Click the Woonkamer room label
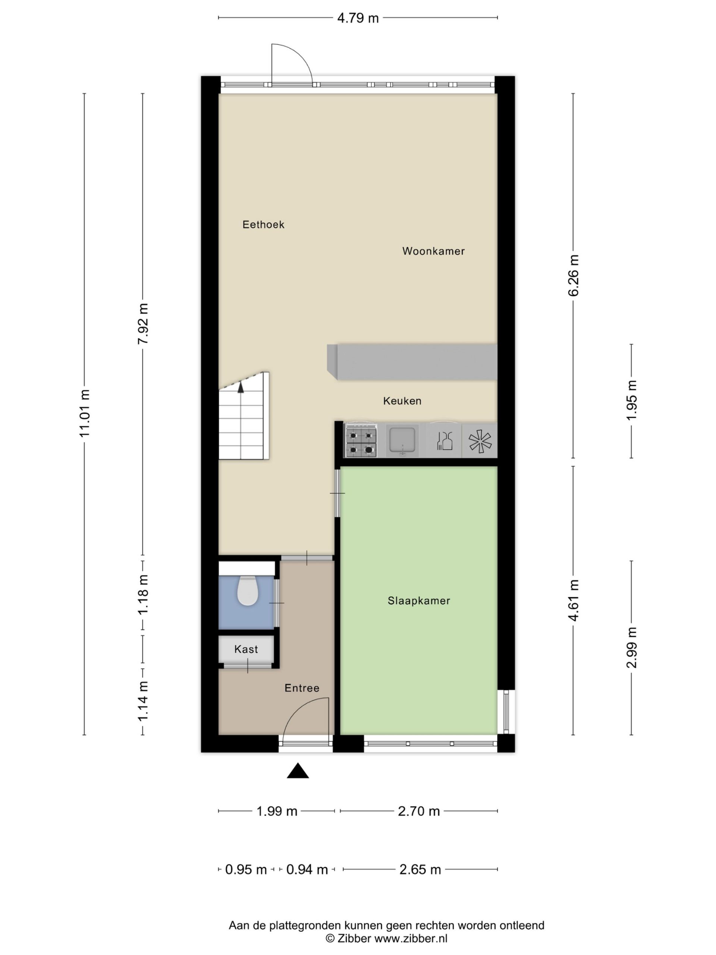433,251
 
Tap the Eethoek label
263,225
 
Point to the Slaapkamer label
419,601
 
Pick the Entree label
302,688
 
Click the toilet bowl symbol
248,591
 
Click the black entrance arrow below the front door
298,771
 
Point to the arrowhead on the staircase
241,387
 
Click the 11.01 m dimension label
84,413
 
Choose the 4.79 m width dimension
358,18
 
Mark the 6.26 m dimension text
573,275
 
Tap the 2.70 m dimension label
419,811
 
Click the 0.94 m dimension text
307,870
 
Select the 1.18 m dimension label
143,595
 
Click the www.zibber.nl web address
411,939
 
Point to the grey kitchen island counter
412,362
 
